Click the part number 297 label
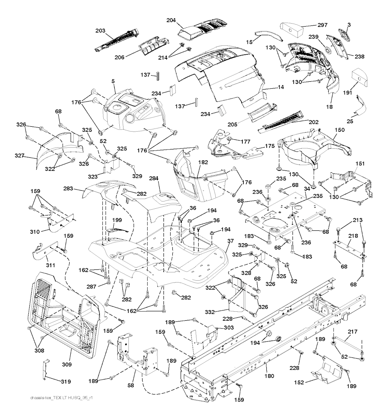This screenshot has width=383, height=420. pos(322,25)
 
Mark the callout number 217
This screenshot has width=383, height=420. pos(352,331)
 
